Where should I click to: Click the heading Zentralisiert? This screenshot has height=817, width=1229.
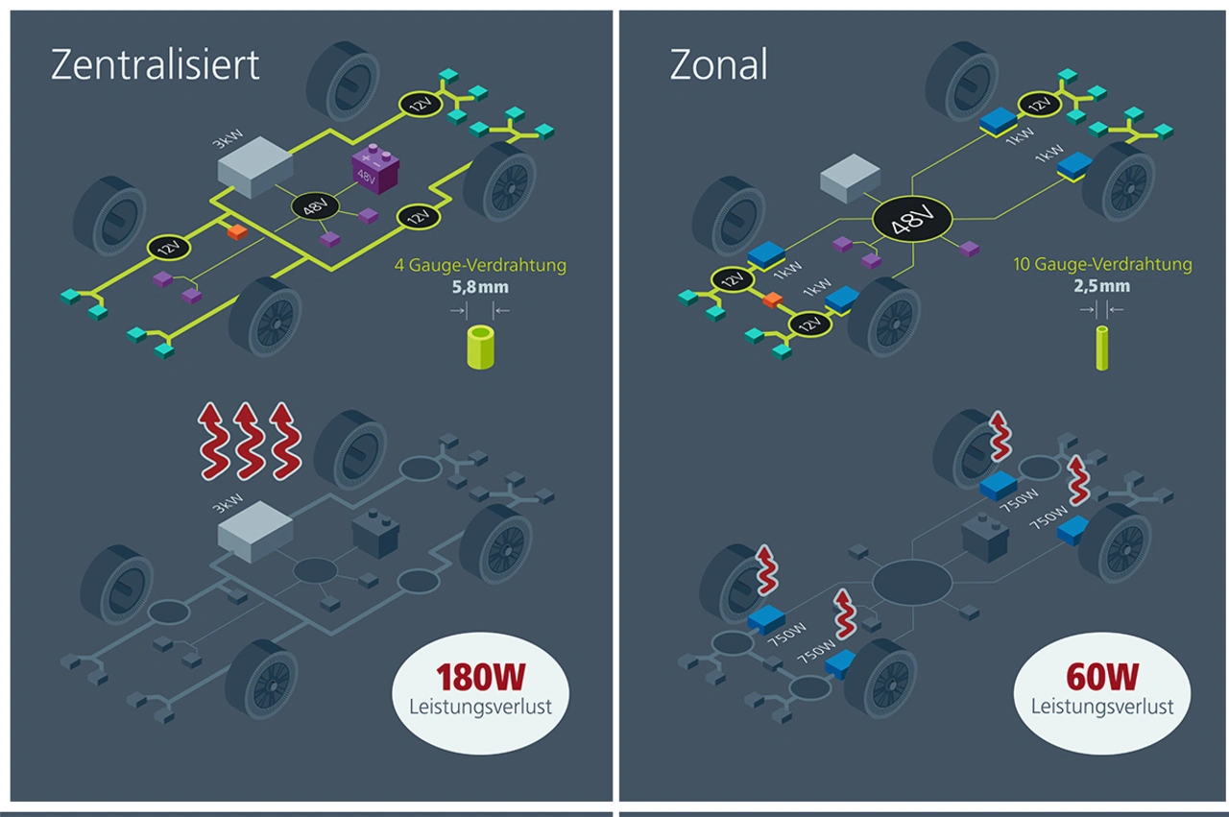pos(155,64)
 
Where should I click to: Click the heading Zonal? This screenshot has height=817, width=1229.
pos(718,64)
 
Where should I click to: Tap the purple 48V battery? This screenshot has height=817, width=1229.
pos(374,168)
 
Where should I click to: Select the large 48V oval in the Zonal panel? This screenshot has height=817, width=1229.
pos(910,223)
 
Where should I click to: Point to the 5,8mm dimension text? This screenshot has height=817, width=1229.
pos(480,286)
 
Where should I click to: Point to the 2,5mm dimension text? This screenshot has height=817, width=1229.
pos(1102,286)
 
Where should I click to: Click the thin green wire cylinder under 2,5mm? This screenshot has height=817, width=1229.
pos(1102,347)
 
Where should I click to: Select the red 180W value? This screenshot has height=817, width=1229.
pos(480,677)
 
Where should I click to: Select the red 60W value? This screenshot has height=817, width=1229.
pos(1102,677)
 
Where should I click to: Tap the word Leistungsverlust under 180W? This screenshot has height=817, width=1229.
pos(480,708)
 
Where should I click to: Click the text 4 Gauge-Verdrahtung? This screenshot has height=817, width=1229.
pos(480,265)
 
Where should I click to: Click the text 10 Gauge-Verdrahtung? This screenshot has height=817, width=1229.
pos(1102,264)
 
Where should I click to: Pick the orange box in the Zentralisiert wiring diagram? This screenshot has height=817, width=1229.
pos(236,231)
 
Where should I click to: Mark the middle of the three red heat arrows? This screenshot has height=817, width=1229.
pos(251,441)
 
